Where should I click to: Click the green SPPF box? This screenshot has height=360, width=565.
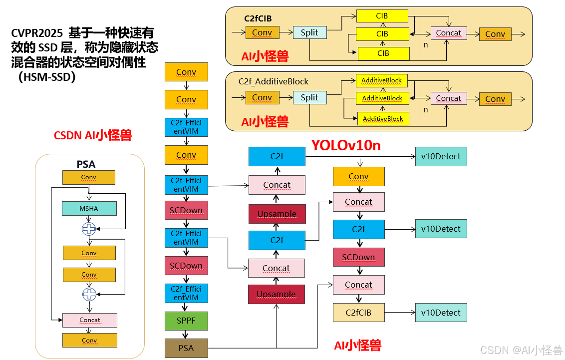pyautogui.click(x=186, y=321)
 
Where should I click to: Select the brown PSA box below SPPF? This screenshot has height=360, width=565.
pyautogui.click(x=186, y=348)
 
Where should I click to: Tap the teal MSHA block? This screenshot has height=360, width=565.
pyautogui.click(x=89, y=208)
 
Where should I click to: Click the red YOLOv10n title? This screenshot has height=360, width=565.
pyautogui.click(x=346, y=145)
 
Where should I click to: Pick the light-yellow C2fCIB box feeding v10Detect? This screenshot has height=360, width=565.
pyautogui.click(x=358, y=313)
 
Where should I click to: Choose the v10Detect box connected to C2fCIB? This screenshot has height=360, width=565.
pyautogui.click(x=441, y=313)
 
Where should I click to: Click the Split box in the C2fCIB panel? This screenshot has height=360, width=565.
pyautogui.click(x=309, y=33)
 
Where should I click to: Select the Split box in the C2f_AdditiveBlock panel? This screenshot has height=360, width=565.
pyautogui.click(x=309, y=97)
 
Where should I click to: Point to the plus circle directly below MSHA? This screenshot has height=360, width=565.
pyautogui.click(x=89, y=229)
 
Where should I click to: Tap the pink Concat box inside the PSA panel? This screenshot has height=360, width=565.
pyautogui.click(x=90, y=320)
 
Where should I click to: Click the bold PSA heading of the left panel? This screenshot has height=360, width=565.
pyautogui.click(x=86, y=164)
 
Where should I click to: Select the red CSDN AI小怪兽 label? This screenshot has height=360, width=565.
pyautogui.click(x=93, y=135)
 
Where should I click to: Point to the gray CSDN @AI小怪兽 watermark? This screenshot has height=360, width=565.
pyautogui.click(x=521, y=350)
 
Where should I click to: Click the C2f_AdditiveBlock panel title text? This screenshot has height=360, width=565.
pyautogui.click(x=274, y=81)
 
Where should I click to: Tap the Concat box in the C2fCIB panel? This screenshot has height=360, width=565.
pyautogui.click(x=448, y=33)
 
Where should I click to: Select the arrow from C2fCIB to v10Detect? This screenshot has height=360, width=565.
pyautogui.click(x=400, y=313)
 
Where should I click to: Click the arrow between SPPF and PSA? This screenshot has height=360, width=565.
pyautogui.click(x=186, y=334)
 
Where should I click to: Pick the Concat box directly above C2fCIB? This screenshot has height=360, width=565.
pyautogui.click(x=358, y=285)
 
